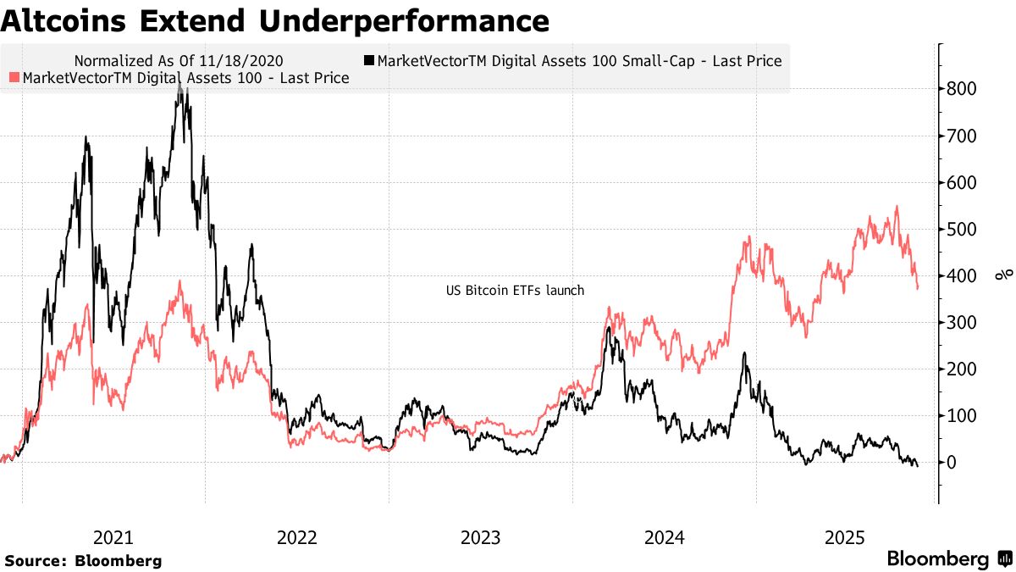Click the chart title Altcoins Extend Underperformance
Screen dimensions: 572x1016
[274, 20]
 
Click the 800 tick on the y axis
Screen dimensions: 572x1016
[964, 90]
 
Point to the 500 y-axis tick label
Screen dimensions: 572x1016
[964, 230]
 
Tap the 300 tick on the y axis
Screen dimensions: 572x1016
[964, 323]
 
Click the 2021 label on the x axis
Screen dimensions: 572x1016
[113, 537]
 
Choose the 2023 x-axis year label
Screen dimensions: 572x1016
[480, 537]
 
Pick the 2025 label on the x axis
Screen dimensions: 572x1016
[846, 537]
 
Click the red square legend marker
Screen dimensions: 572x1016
[14, 78]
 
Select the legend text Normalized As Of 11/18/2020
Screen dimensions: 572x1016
[179, 61]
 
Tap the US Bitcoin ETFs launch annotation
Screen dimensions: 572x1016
[515, 291]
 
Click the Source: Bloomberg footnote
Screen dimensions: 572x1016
[83, 560]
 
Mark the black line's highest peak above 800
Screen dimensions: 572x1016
[179, 82]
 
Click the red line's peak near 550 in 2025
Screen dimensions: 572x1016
[897, 206]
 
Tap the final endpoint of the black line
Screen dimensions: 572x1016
[917, 466]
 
